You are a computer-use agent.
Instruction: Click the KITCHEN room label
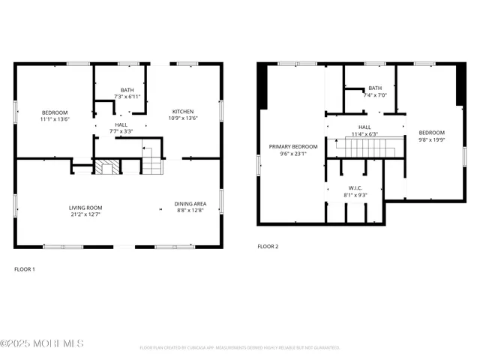point(183,112)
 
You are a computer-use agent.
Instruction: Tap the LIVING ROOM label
point(85,208)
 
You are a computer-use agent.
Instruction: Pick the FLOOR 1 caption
point(25,268)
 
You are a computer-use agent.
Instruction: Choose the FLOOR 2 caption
point(268,246)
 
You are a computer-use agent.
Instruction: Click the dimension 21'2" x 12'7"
point(85,214)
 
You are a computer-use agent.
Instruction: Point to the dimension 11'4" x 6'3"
point(364,134)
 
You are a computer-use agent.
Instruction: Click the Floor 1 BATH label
point(127,89)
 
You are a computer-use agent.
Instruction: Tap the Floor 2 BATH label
point(374,88)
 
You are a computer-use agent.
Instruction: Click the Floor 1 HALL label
point(121,124)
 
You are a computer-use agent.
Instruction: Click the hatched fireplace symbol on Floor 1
point(106,166)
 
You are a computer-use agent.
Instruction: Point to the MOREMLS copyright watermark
point(42,343)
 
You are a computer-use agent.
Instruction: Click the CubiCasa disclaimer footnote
point(240,348)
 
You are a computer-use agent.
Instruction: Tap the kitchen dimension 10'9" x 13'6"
point(183,118)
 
